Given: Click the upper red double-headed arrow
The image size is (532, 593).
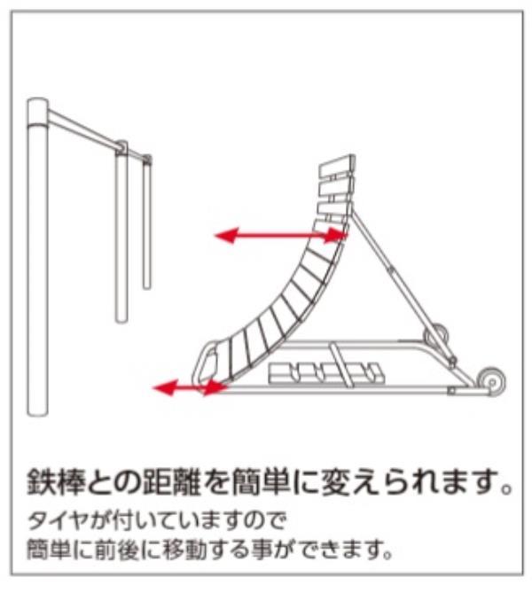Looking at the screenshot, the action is (280, 235).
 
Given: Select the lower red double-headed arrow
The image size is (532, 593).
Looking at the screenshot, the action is (188, 386).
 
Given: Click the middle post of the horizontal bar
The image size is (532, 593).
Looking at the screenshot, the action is (121, 235).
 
